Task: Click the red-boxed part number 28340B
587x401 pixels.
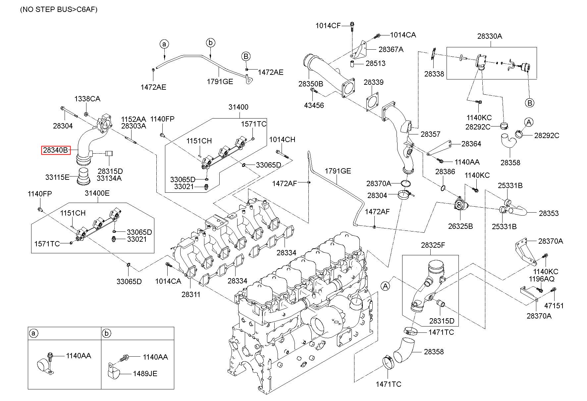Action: click(55, 150)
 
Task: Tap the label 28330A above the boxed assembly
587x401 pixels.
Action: click(489, 36)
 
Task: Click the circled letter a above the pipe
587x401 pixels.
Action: click(164, 44)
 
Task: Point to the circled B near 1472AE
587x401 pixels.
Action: click(246, 56)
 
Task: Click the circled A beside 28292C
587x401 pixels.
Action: click(529, 123)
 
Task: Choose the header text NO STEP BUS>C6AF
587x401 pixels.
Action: click(59, 9)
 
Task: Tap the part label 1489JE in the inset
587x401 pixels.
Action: click(145, 374)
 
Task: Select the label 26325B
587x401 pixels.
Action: click(460, 226)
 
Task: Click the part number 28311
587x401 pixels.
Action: click(191, 294)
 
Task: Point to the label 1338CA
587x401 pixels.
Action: click(87, 99)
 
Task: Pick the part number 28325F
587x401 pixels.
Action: click(433, 245)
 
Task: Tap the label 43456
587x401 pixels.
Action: click(314, 105)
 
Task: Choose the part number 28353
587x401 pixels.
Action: click(549, 214)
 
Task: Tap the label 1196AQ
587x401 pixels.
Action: click(541, 279)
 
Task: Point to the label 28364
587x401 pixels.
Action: click(471, 144)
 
